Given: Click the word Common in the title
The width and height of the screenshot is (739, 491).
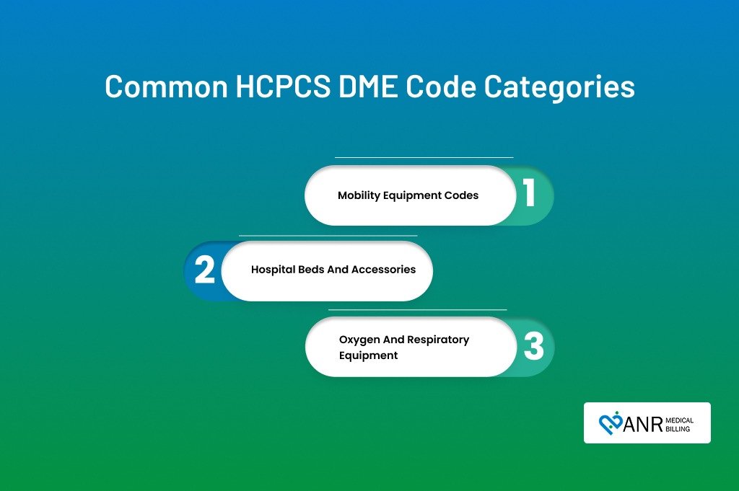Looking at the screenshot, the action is click(x=166, y=86).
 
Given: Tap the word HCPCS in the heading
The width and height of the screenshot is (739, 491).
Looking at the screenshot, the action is click(x=283, y=86).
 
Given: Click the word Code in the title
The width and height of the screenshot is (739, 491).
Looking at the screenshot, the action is click(x=441, y=86).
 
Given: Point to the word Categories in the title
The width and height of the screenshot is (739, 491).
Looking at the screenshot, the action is click(x=559, y=87).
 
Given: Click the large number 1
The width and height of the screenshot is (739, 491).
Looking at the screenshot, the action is click(x=530, y=193).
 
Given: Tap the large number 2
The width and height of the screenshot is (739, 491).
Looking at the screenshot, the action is click(x=204, y=270).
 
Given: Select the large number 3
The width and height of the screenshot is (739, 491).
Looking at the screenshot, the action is click(x=533, y=346).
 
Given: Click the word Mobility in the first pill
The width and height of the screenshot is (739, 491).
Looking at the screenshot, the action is click(x=359, y=195).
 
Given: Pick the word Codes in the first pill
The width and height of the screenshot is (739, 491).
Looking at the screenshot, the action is click(x=463, y=195).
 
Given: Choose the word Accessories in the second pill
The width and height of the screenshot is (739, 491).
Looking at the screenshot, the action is click(x=384, y=269).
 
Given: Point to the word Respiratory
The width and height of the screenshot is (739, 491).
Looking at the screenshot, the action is click(x=438, y=340).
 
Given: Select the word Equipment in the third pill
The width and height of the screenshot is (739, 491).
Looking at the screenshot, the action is click(x=369, y=355).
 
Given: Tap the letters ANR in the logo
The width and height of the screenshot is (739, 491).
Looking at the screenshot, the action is click(x=643, y=425).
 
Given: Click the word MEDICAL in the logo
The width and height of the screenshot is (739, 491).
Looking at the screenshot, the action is click(x=680, y=420).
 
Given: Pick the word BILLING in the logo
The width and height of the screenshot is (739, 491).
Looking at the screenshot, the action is click(x=678, y=429).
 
